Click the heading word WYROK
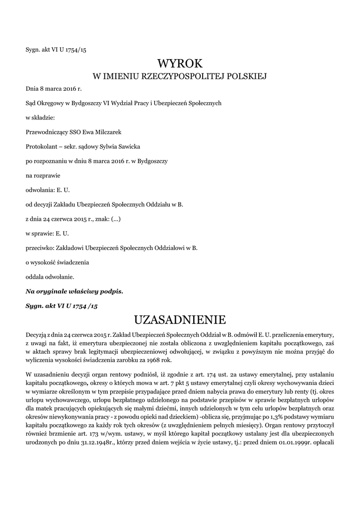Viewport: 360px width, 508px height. pos(180,63)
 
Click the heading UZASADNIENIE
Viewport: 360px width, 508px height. pos(180,318)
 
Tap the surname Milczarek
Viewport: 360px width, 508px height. pos(107,131)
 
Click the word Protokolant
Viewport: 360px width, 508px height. pos(41,146)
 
